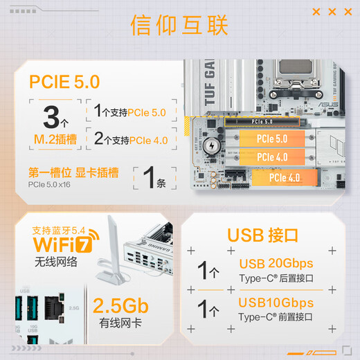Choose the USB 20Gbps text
[276, 264]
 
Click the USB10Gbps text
[276, 303]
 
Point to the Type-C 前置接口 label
[276, 316]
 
